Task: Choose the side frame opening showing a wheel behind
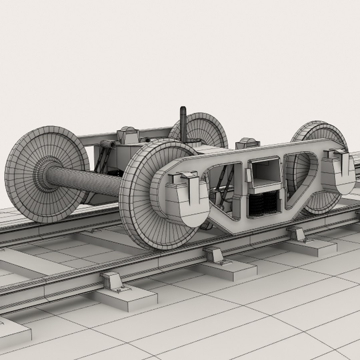pos(300,177)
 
